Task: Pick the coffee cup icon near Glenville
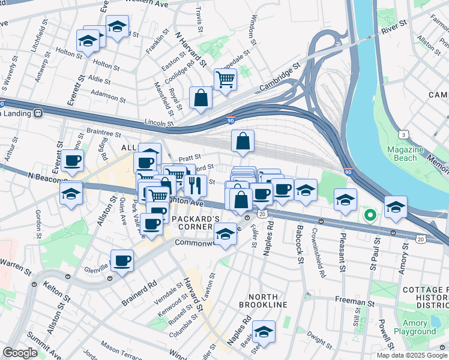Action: [122, 261]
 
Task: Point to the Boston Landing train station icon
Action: [38, 112]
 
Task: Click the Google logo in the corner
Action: [20, 353]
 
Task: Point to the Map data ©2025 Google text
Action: [411, 355]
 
